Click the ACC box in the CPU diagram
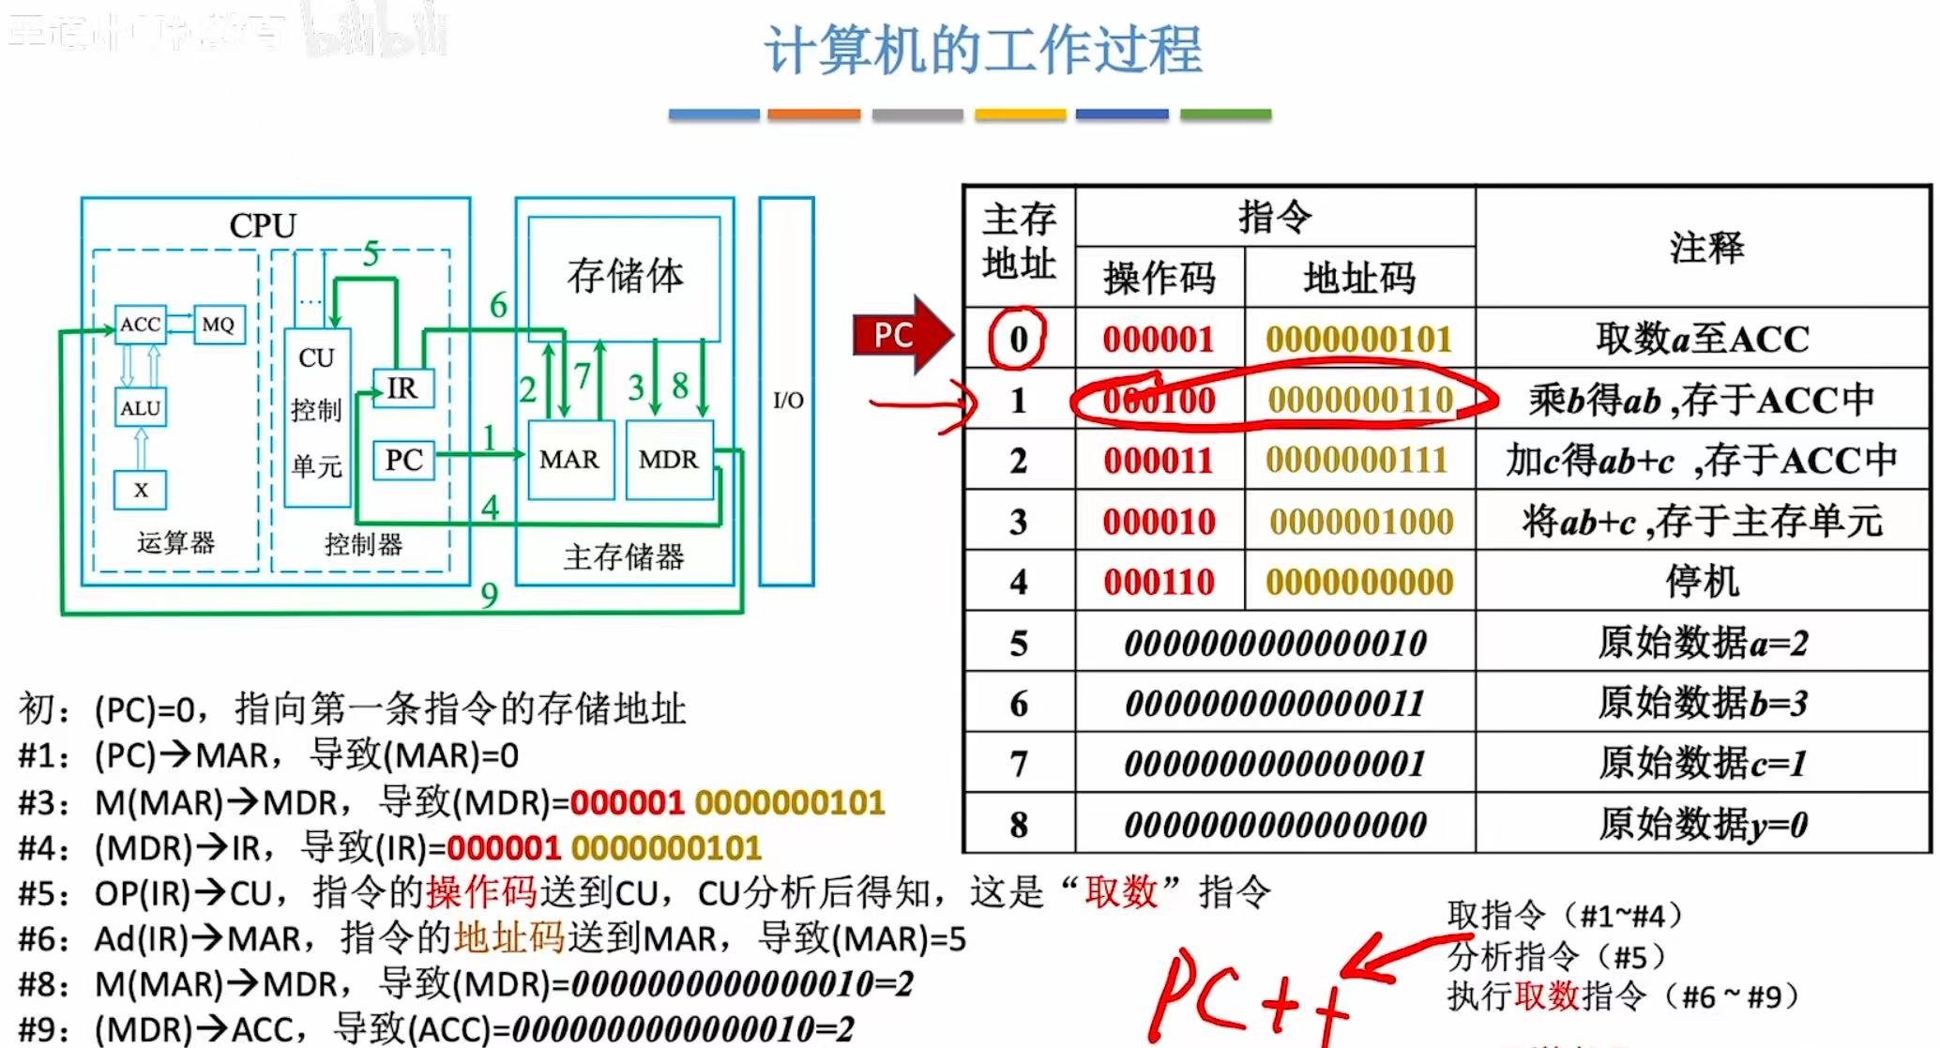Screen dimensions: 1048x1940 (x=140, y=325)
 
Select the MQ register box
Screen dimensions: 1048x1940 (x=219, y=325)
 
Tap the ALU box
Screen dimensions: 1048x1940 (x=140, y=408)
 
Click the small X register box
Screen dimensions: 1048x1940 (x=141, y=490)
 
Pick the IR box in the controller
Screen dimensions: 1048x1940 (x=402, y=388)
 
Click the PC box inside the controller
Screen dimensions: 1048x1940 (x=403, y=460)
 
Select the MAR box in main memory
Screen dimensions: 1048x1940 (x=569, y=460)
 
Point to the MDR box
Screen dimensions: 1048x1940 (x=668, y=460)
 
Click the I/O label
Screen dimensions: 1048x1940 (x=788, y=401)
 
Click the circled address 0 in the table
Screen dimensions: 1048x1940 (x=1019, y=339)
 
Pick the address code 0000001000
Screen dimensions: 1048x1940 (x=1360, y=522)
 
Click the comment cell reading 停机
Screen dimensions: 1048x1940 (x=1702, y=582)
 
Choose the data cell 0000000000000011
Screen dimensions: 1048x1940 (x=1275, y=704)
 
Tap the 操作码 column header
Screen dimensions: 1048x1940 (x=1159, y=278)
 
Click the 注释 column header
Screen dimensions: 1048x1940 (x=1705, y=248)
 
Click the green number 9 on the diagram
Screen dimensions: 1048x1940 (x=489, y=595)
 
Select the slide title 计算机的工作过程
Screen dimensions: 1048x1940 (x=982, y=50)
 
